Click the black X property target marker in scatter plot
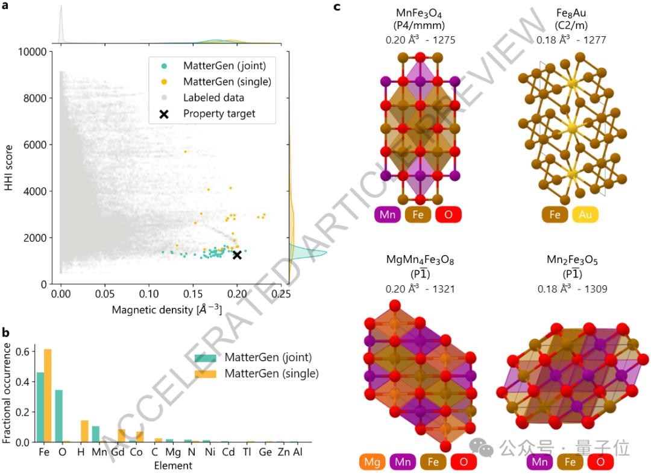(237, 254)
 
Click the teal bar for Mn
(95, 434)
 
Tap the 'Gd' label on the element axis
(121, 452)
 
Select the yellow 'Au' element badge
(584, 214)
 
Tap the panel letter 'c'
(337, 7)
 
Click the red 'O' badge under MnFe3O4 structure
(447, 214)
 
